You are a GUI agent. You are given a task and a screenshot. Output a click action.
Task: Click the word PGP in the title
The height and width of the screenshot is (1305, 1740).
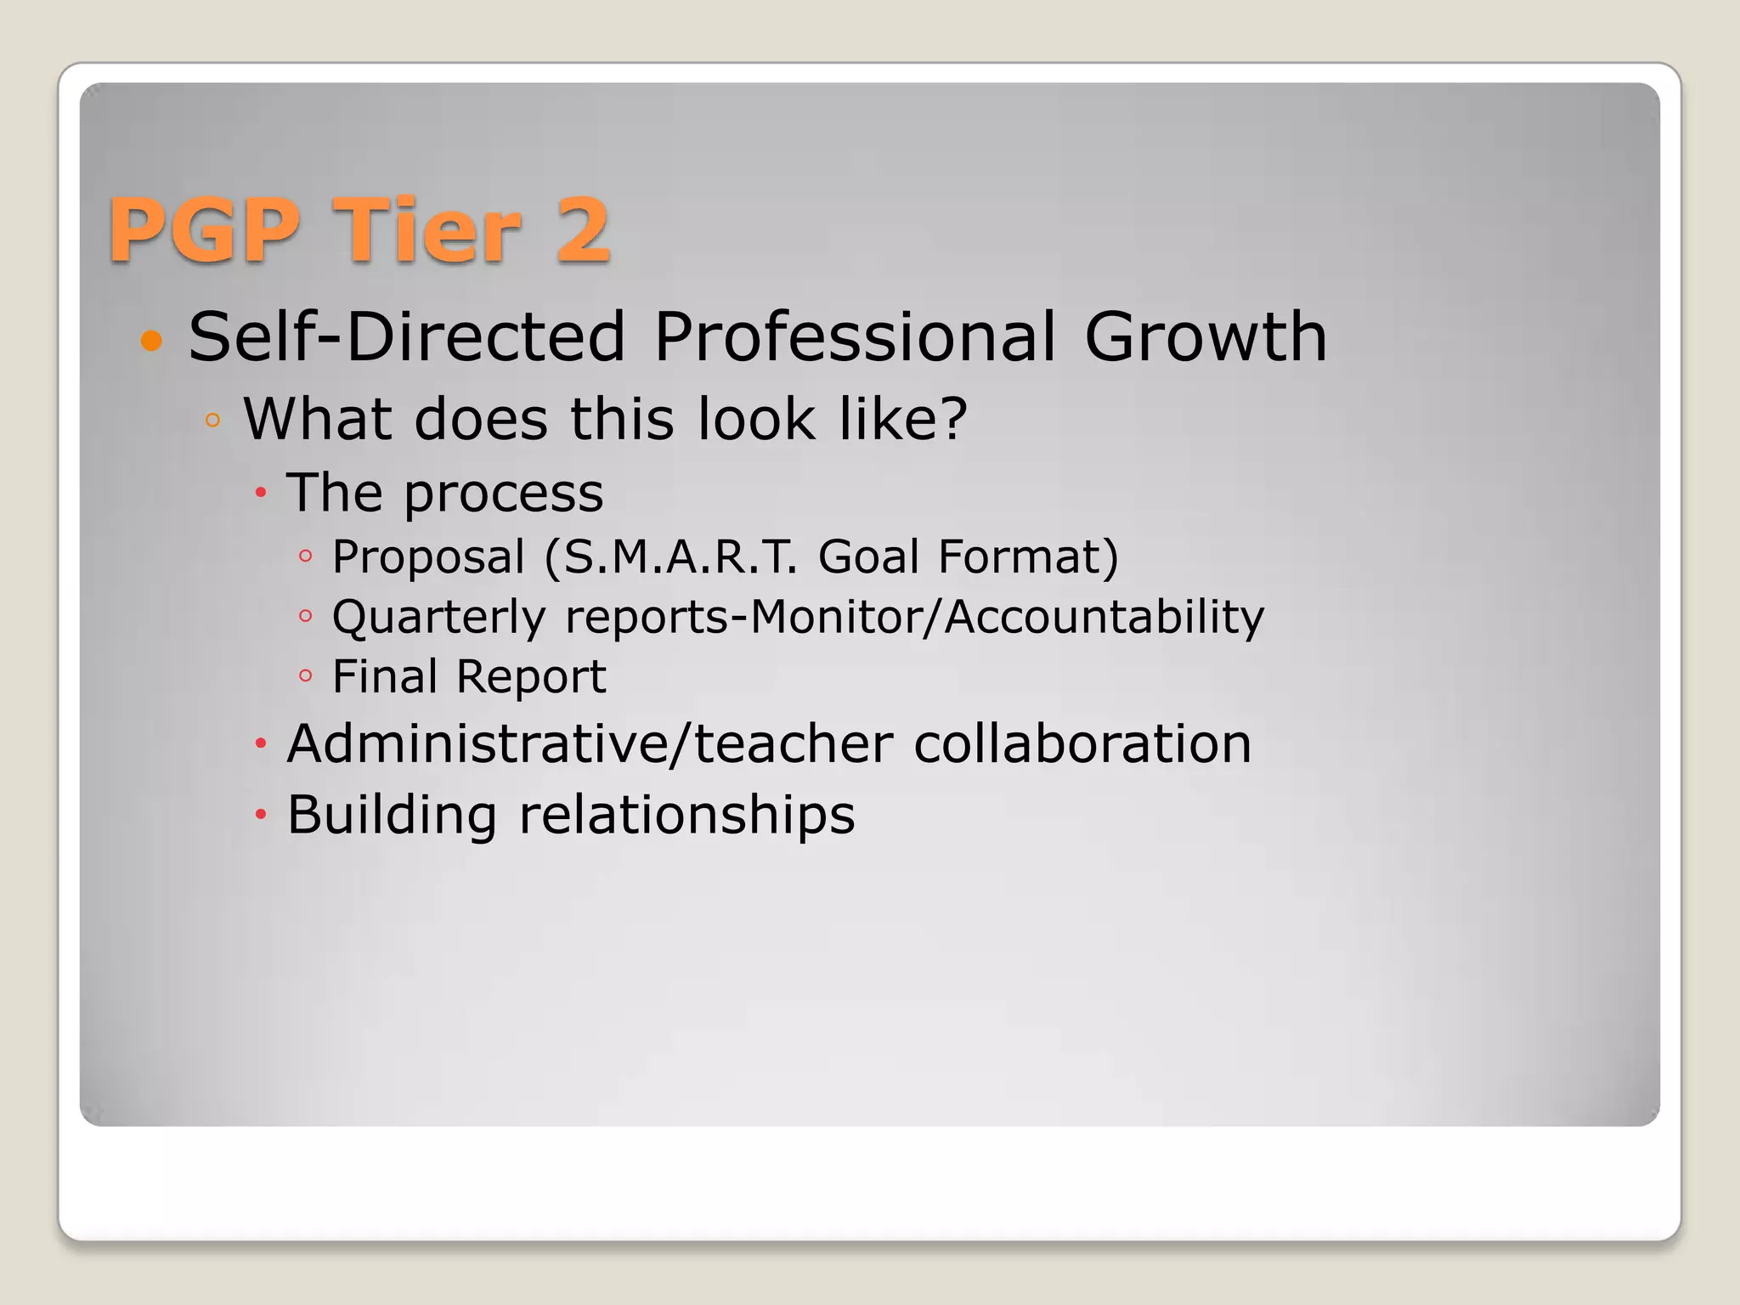pos(205,229)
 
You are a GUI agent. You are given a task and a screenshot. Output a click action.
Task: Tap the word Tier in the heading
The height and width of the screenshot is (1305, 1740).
pos(426,229)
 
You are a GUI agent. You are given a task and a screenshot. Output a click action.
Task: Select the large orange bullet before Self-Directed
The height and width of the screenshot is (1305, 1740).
pos(151,341)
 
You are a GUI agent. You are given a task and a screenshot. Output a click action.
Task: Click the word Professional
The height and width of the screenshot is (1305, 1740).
pos(856,336)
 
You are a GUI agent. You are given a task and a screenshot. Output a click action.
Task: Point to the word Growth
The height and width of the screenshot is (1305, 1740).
pos(1205,336)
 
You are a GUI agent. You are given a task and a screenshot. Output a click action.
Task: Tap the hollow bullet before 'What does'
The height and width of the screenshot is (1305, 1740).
pos(212,420)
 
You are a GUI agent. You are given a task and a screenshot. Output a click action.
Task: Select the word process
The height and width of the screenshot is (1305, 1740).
pos(503,493)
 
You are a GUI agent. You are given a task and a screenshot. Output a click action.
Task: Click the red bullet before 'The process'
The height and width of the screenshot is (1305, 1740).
pos(261,492)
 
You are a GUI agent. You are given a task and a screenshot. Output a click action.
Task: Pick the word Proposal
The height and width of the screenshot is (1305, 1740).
pos(428,557)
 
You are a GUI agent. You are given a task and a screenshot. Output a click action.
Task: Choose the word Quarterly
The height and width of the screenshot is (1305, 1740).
pos(438,617)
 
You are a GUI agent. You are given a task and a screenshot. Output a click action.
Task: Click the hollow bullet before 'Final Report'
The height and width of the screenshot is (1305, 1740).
pos(306,676)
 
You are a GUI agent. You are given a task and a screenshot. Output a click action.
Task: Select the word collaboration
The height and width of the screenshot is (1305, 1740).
pos(1082,743)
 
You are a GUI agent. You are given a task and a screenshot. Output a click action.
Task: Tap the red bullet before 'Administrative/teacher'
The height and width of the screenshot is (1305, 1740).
pos(261,744)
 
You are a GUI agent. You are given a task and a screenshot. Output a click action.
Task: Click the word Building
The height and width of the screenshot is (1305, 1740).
pos(392,815)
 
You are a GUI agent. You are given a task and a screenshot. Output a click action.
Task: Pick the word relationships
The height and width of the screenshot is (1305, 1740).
pos(686,815)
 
